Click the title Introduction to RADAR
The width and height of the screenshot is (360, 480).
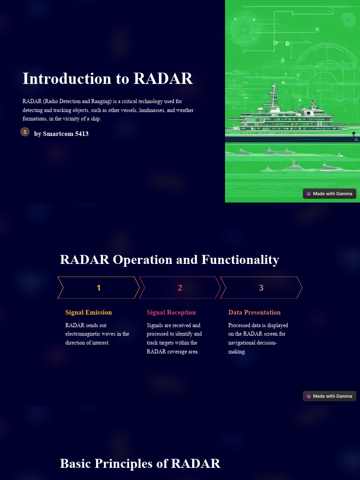tap(107, 78)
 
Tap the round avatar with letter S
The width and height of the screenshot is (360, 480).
tap(25, 132)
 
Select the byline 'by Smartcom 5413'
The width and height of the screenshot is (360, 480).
tap(61, 134)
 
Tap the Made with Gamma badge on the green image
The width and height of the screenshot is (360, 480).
tap(330, 194)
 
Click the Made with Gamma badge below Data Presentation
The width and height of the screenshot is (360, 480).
tap(330, 396)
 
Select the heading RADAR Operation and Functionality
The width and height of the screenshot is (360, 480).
tap(169, 259)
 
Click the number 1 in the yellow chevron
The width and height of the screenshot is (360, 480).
tap(98, 288)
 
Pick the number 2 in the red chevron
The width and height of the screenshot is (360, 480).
tap(180, 288)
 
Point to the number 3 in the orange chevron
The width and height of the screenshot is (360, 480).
tap(261, 288)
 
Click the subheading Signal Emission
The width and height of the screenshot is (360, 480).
tap(89, 312)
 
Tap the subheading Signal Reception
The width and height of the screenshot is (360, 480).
tap(171, 312)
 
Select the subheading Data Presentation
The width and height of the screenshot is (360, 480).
tap(255, 312)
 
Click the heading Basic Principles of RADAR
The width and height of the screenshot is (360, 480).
tap(140, 463)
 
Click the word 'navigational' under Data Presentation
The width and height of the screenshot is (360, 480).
tap(243, 343)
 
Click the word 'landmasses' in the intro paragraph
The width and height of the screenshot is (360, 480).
tap(152, 110)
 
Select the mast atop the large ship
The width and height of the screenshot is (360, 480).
tap(274, 94)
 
